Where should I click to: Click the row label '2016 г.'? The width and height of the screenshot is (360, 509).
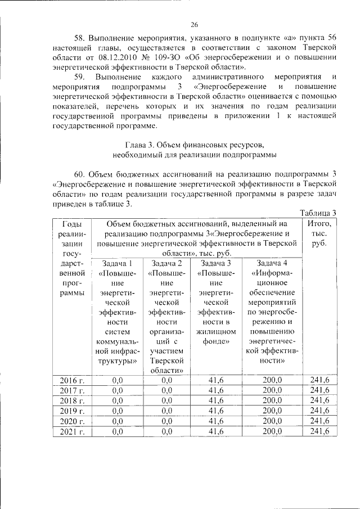pyautogui.click(x=72, y=381)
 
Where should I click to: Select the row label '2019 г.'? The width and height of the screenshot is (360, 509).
pyautogui.click(x=72, y=411)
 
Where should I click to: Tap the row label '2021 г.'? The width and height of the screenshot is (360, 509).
pyautogui.click(x=72, y=431)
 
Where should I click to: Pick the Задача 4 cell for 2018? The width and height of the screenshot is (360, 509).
pyautogui.click(x=272, y=401)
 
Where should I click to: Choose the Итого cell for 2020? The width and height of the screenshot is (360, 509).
pyautogui.click(x=319, y=421)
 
